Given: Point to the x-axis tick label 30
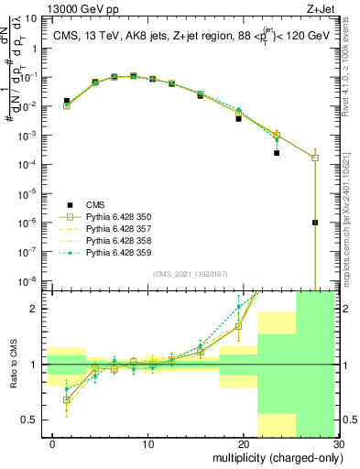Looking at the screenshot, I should (x=338, y=446).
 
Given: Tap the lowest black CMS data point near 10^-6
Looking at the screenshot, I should (x=314, y=223).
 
